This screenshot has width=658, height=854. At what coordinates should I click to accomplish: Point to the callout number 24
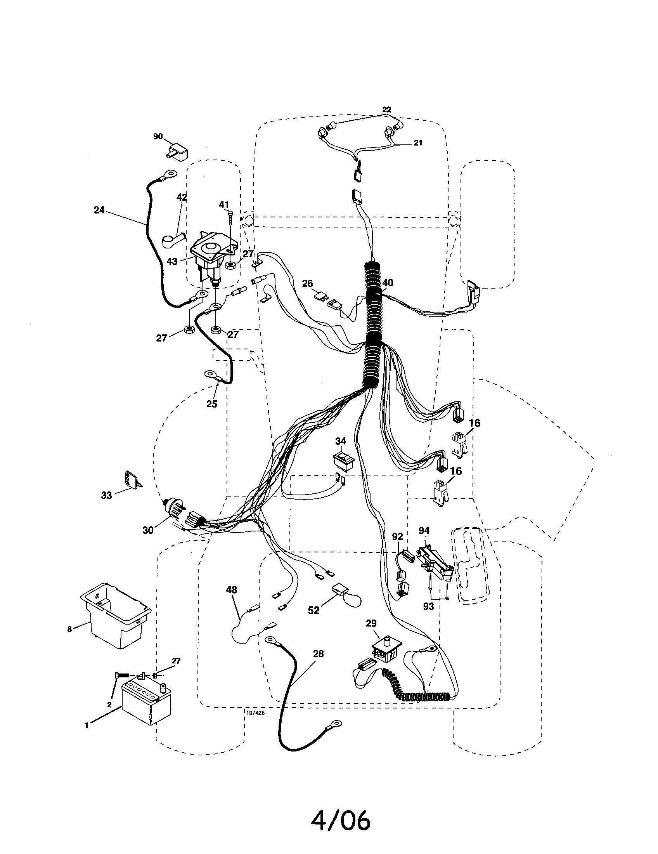(x=99, y=210)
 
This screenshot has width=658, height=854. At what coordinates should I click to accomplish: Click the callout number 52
(x=313, y=610)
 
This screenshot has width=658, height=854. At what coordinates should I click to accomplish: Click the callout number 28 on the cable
(x=319, y=654)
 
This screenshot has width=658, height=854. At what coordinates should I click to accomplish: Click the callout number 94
(x=424, y=530)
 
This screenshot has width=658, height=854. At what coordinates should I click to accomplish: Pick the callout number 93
(x=429, y=606)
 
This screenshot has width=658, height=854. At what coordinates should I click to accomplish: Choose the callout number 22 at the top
(x=386, y=110)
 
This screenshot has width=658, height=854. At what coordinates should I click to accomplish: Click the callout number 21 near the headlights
(x=418, y=143)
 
